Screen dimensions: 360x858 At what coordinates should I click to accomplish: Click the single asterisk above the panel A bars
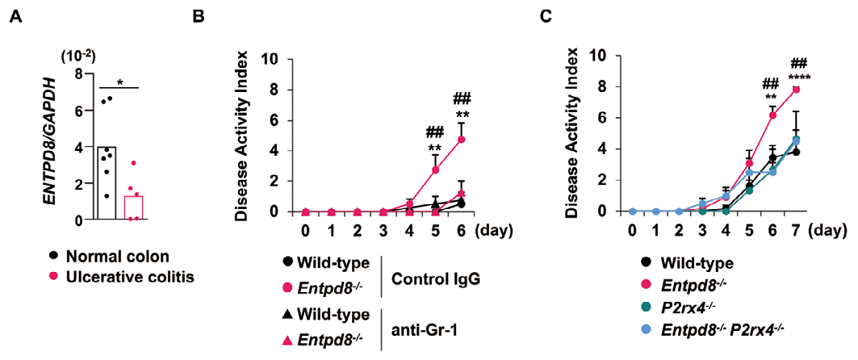119,81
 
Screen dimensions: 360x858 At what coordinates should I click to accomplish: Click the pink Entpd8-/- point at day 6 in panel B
461,140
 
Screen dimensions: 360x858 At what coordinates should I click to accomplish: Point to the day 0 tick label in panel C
632,230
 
